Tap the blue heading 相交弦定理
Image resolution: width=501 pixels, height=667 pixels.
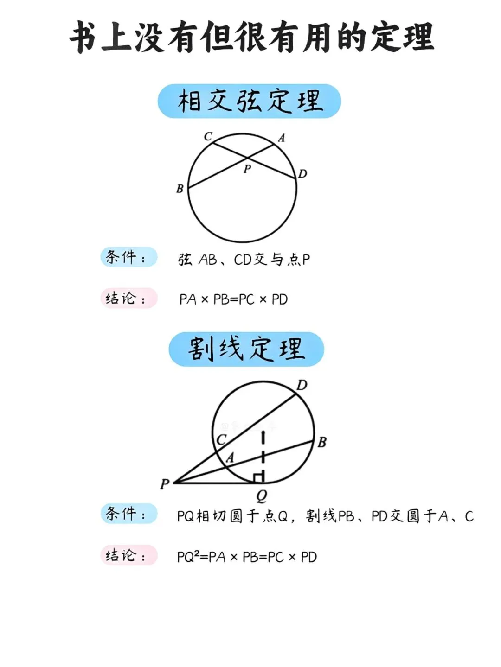[x=250, y=101]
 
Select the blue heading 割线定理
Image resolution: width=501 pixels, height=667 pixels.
[x=246, y=349]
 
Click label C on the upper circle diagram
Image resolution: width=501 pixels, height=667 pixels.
[x=208, y=136]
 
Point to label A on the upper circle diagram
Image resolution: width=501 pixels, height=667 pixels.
[x=281, y=138]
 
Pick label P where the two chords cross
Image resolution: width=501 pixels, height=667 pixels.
[x=247, y=169]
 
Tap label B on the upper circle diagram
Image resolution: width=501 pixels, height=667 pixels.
[x=180, y=189]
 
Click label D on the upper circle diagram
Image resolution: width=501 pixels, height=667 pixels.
[x=302, y=174]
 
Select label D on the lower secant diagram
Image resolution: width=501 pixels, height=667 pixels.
[x=302, y=385]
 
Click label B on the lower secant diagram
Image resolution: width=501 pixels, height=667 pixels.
[x=322, y=443]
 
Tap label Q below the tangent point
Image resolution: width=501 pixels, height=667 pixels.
[x=261, y=496]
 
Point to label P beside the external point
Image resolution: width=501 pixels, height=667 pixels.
[x=165, y=484]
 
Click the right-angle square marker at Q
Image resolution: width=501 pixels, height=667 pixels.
[x=259, y=477]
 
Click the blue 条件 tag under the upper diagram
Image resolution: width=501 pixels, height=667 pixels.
[x=128, y=257]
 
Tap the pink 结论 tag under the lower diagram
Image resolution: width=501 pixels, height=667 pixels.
[x=128, y=555]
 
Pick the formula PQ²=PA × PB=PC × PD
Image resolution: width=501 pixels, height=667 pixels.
[x=247, y=557]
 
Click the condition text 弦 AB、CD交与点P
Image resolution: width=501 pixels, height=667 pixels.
[x=244, y=260]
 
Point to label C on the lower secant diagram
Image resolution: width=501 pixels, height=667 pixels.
[x=222, y=439]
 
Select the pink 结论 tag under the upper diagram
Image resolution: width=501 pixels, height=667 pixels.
[x=128, y=298]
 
